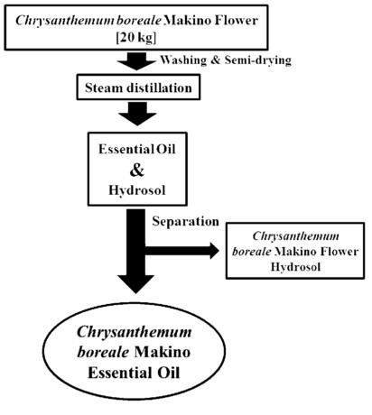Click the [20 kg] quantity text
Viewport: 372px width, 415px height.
click(x=136, y=38)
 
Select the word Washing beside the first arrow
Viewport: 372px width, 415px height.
click(x=183, y=60)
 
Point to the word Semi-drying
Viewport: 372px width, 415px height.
click(x=258, y=60)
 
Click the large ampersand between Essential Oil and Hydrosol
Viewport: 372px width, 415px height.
click(x=137, y=170)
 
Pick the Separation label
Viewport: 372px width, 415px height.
click(x=185, y=221)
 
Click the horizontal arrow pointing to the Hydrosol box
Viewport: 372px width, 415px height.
click(x=182, y=251)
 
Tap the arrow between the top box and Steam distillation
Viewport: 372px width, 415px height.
click(x=137, y=61)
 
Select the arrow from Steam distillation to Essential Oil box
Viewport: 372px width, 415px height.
click(x=137, y=114)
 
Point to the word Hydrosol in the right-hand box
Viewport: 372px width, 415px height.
click(x=295, y=267)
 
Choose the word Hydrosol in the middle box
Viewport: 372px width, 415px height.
click(x=137, y=190)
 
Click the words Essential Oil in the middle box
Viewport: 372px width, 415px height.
click(x=137, y=149)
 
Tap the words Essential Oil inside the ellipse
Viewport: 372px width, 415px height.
click(x=134, y=373)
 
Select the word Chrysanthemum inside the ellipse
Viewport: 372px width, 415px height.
click(x=135, y=333)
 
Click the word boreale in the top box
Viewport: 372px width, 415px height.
click(x=139, y=21)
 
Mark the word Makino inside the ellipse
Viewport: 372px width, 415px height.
click(x=163, y=352)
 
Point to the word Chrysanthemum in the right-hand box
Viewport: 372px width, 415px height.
click(x=295, y=236)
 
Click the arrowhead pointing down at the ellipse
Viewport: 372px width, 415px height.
click(x=135, y=284)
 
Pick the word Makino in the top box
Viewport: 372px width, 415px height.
click(x=188, y=21)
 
